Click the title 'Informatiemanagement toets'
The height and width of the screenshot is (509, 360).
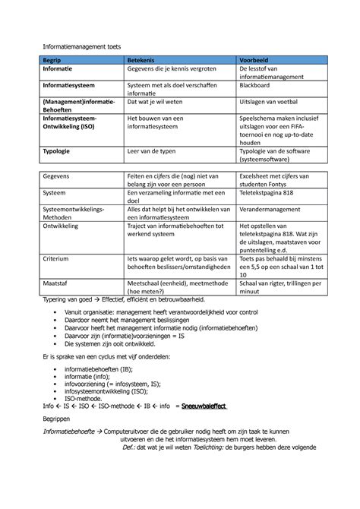pos(77,47)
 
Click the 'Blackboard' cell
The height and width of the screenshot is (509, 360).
pos(258,87)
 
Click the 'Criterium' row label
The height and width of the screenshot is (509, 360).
pos(58,258)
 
